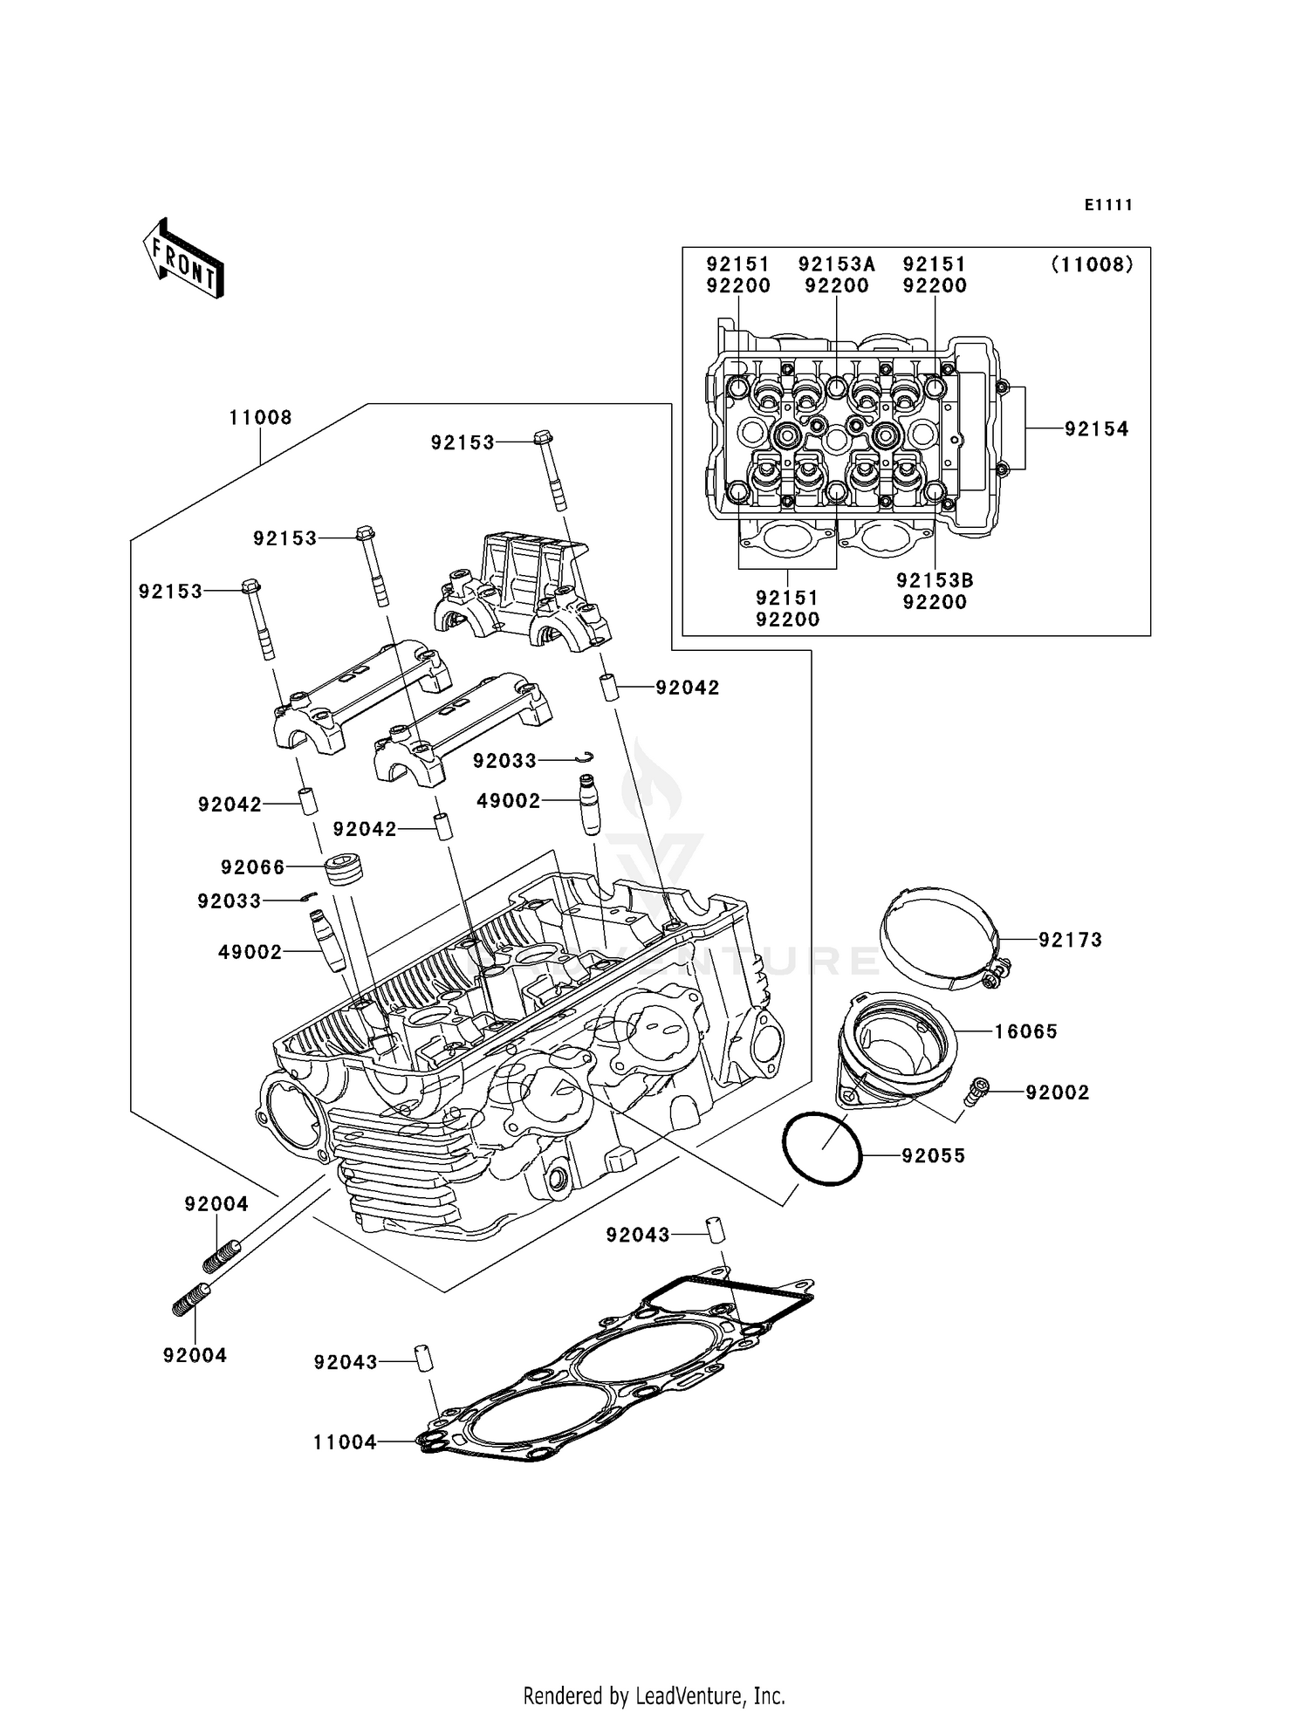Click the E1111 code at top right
coord(1108,205)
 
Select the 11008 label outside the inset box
coord(260,418)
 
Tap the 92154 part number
coord(1096,429)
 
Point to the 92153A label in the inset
coord(836,264)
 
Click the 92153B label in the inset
coord(935,580)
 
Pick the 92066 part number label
coord(253,867)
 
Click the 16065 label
coord(1025,1031)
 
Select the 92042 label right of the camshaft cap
coord(688,688)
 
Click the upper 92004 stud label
coord(216,1204)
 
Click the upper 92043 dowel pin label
coord(638,1235)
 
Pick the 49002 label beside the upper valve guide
coord(509,801)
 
